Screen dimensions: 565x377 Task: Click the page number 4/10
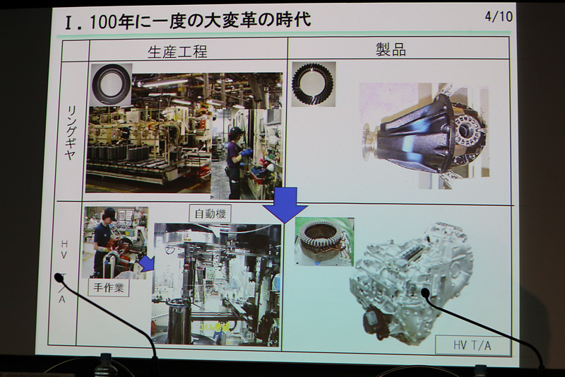pyautogui.click(x=499, y=16)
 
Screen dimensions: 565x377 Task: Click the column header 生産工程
pyautogui.click(x=177, y=52)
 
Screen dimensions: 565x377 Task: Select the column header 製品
pyautogui.click(x=391, y=49)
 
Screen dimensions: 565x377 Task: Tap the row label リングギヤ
pyautogui.click(x=71, y=133)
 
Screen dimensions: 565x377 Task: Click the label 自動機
pyautogui.click(x=210, y=214)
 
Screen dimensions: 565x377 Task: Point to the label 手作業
pyautogui.click(x=109, y=288)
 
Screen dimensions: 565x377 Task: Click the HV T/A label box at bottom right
pyautogui.click(x=472, y=345)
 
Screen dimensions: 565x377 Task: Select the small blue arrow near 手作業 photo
pyautogui.click(x=147, y=264)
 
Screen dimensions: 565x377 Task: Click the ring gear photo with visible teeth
pyautogui.click(x=314, y=84)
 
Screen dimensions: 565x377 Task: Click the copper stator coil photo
pyautogui.click(x=324, y=241)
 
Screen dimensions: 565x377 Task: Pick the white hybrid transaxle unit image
pyautogui.click(x=412, y=282)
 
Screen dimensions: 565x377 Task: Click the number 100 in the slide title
pyautogui.click(x=102, y=21)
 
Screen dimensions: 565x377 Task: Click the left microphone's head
pyautogui.click(x=59, y=277)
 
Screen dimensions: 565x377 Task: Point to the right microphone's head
pyautogui.click(x=425, y=292)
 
